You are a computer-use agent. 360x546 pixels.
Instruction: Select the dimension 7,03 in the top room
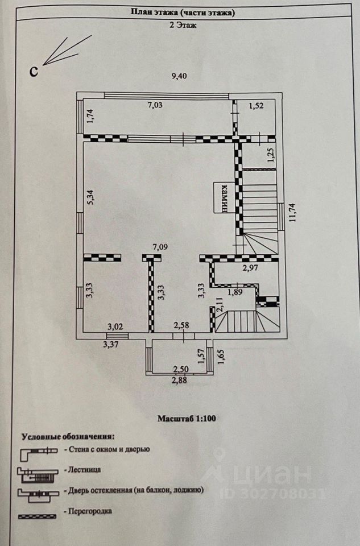click(x=158, y=105)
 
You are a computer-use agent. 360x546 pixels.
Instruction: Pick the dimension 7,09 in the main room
click(x=163, y=247)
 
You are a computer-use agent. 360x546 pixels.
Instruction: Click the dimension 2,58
click(x=182, y=325)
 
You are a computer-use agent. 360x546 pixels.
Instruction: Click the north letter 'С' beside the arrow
click(x=34, y=71)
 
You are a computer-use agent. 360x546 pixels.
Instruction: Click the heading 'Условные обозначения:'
click(x=68, y=437)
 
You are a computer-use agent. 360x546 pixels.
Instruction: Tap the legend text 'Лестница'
click(x=85, y=470)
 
